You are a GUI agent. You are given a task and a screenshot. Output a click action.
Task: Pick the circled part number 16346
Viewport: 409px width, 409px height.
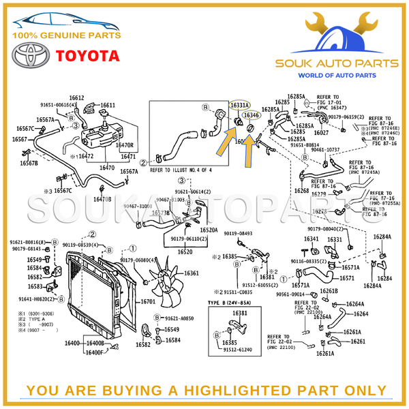tap(252, 115)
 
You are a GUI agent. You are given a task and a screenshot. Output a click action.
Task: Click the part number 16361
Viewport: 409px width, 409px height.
tap(192, 273)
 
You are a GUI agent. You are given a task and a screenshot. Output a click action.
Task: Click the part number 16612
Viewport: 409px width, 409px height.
tap(76, 98)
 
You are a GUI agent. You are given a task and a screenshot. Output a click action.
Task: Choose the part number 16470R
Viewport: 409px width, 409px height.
tap(124, 145)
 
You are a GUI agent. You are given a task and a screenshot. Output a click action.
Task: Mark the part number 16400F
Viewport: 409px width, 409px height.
tap(94, 352)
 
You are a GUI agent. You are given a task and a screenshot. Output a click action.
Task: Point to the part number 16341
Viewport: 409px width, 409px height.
tap(311, 239)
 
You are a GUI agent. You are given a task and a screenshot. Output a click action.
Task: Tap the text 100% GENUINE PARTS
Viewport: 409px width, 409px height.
tap(66, 35)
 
